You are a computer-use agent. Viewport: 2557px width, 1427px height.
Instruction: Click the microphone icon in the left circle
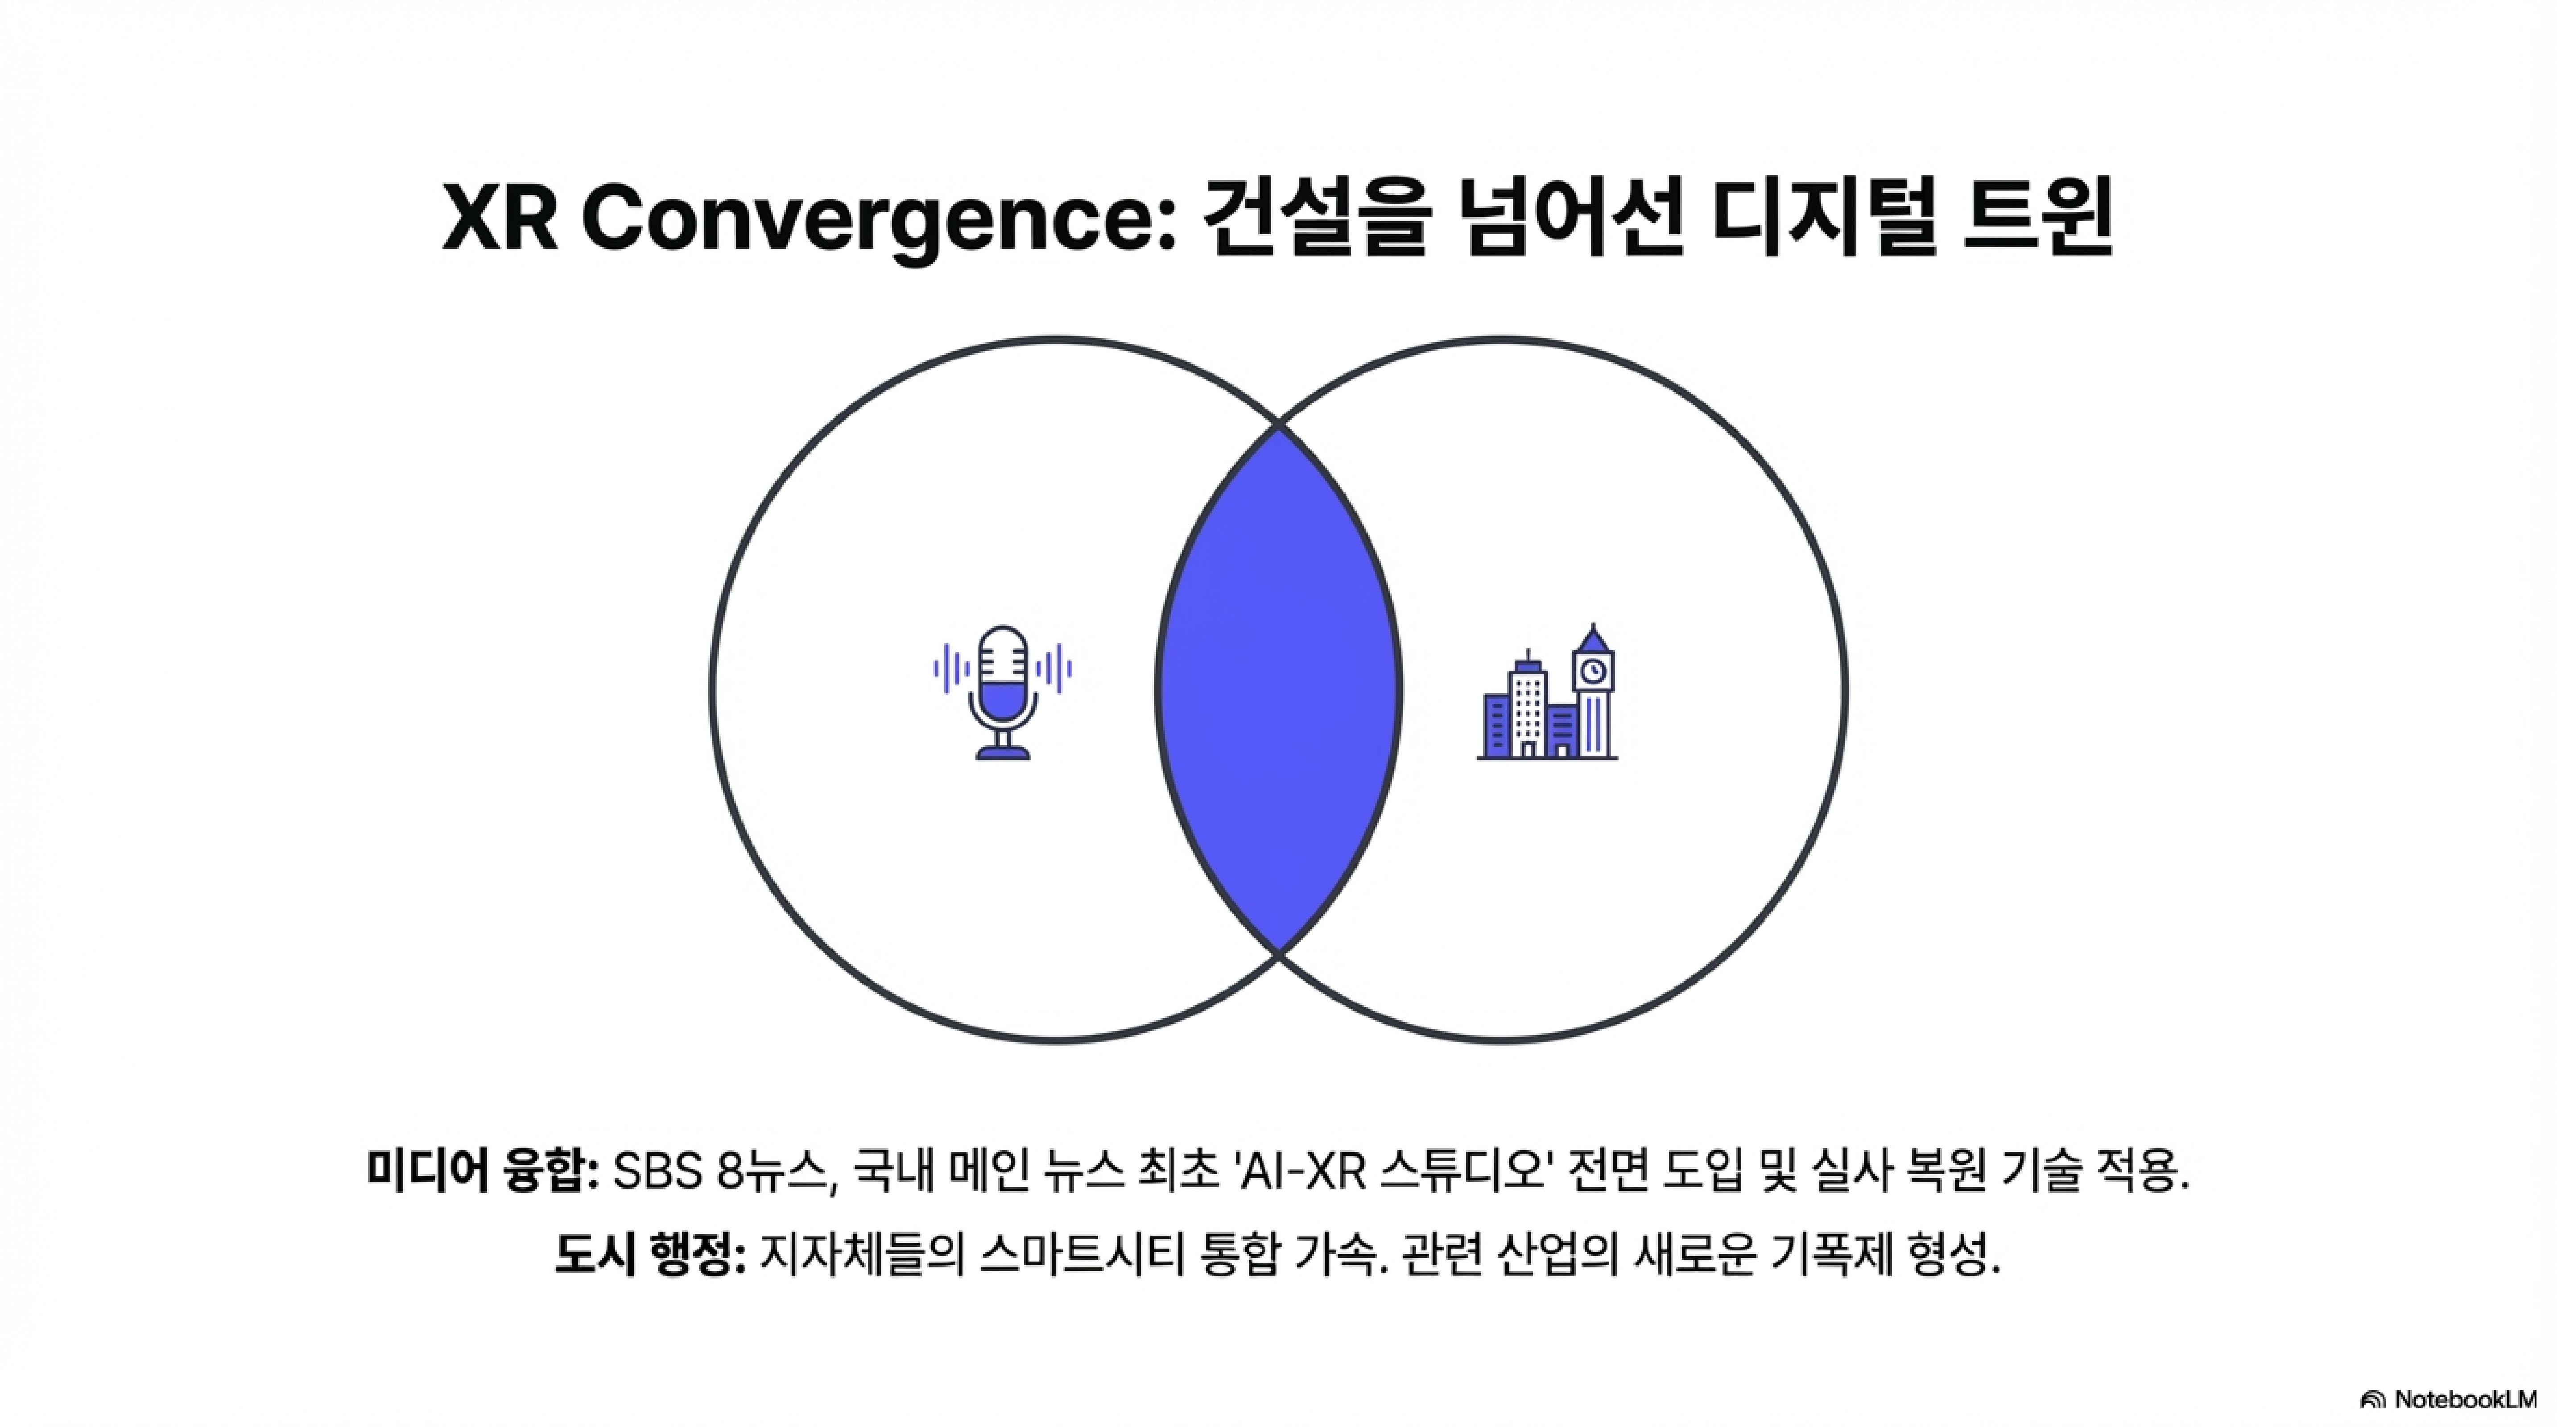(x=1003, y=692)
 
